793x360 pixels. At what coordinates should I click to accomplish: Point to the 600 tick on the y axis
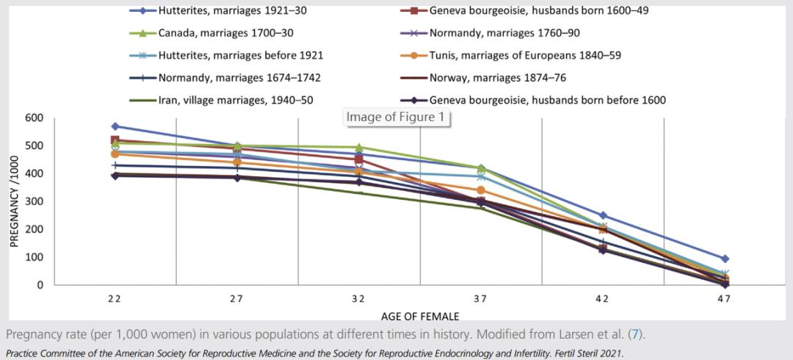(34, 118)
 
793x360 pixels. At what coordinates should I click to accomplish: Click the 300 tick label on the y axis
(34, 201)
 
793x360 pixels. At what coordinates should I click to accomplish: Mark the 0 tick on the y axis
(40, 285)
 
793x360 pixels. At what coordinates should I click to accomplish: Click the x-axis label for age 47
(725, 300)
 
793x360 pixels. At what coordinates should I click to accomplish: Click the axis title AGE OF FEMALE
(420, 317)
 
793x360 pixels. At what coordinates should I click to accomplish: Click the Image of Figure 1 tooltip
(396, 117)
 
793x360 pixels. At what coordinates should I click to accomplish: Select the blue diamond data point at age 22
(115, 126)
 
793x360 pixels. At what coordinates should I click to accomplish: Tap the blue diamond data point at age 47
(725, 259)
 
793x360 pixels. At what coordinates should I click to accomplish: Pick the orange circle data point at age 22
(115, 154)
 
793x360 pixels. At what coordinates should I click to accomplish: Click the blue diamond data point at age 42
(603, 215)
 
